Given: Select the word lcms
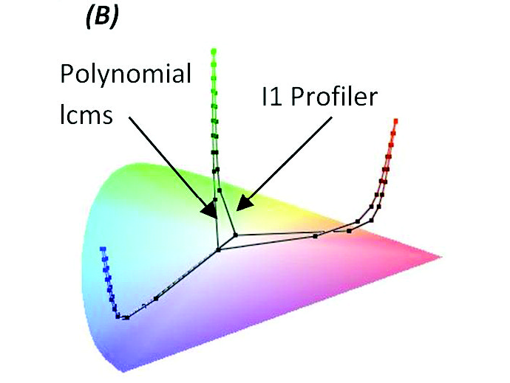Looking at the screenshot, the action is tap(86, 114).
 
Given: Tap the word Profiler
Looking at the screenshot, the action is tap(333, 97).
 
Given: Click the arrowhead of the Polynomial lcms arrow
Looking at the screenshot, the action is tap(210, 210).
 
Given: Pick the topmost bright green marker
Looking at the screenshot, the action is tap(214, 51).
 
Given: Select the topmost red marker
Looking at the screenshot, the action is tap(396, 121).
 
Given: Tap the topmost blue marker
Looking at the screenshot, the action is tap(103, 249).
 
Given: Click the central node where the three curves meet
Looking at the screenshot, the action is tap(219, 250).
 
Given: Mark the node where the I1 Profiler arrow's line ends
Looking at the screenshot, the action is tap(236, 234).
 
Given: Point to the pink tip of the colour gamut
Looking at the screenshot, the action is tap(441, 257).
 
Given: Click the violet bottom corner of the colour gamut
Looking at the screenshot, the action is tap(123, 371).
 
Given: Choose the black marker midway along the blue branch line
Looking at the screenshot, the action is tap(156, 298).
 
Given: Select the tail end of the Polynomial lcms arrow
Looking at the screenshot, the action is tap(129, 117).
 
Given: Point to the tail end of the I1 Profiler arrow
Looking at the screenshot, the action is tap(331, 117).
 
